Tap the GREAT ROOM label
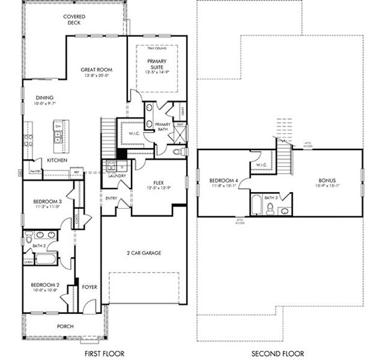coord(97,70)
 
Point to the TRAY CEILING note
coord(156,48)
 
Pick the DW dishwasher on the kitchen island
coord(58,127)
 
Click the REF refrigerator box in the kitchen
coord(76,172)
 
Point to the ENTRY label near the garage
coord(111,198)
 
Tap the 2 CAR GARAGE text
coord(144,253)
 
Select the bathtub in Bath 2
coord(44,259)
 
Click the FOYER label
coord(89,287)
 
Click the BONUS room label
coord(327,179)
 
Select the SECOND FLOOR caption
coord(277,353)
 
